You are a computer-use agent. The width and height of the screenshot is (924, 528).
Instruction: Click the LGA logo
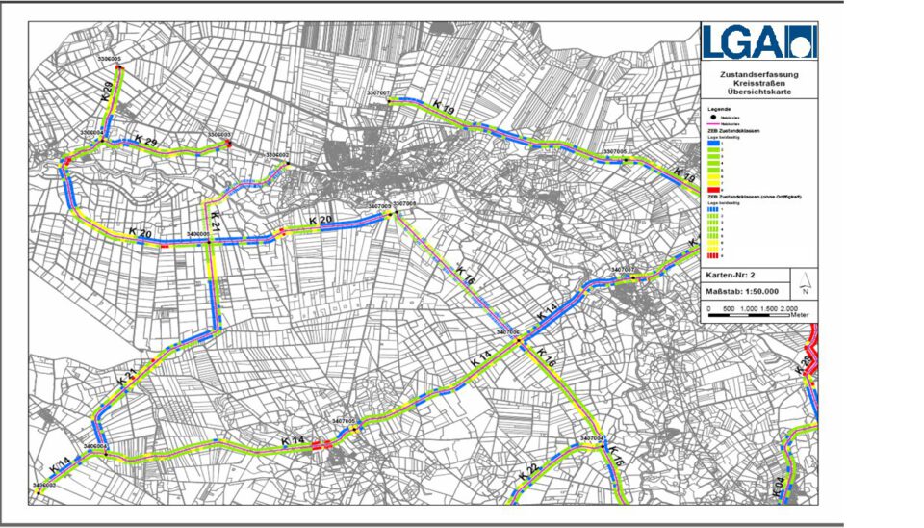758,42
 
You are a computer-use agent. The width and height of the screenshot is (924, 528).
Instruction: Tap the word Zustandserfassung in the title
758,73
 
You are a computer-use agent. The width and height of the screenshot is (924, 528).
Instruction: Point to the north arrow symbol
805,286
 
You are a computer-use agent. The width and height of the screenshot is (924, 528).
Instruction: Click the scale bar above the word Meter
747,309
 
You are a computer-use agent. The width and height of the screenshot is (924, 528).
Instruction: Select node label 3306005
111,60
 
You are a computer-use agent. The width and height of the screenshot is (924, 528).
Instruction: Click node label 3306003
220,135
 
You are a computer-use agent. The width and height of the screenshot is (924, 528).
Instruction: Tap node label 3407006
508,331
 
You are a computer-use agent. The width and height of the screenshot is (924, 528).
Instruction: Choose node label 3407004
592,438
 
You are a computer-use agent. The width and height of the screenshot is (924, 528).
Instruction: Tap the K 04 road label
778,485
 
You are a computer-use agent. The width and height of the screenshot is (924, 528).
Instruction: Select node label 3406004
95,447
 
